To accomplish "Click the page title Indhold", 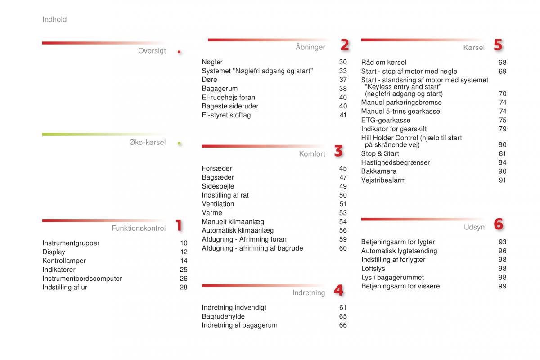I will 54,19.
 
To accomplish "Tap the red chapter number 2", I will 344,45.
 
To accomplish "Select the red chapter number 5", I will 498,45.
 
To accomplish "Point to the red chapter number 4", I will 338,291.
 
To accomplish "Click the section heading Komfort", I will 312,154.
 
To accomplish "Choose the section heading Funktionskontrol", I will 139,228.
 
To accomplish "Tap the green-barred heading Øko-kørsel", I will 147,143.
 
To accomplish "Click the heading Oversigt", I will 152,51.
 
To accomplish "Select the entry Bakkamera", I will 378,171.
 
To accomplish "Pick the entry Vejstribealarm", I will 383,180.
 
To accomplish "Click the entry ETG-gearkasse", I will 386,120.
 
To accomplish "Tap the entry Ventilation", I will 218,204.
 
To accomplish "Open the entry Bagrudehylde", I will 223,316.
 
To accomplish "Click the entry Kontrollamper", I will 64,261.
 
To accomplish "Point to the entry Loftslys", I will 373,269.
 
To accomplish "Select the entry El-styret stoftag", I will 226,115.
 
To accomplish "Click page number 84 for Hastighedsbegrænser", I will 502,162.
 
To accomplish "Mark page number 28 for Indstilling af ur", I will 184,287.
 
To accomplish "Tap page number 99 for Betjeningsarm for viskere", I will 502,286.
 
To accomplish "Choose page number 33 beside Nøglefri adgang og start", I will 343,71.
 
